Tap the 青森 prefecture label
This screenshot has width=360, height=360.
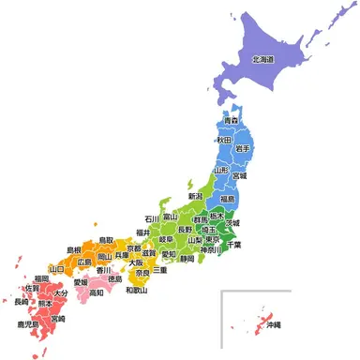click(231, 122)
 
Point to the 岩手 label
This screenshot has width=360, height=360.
click(243, 148)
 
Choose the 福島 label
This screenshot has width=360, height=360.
click(228, 199)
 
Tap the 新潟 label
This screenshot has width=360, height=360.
click(196, 197)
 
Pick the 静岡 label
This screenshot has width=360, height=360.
click(187, 259)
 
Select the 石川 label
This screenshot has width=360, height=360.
click(152, 219)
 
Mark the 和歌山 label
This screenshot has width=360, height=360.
click(138, 291)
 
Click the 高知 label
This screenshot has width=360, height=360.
click(97, 292)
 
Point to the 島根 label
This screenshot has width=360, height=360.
click(73, 250)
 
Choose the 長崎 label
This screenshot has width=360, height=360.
click(21, 301)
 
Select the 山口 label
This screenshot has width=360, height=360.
click(56, 268)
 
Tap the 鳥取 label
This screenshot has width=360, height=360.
click(106, 240)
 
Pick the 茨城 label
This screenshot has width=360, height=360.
click(231, 223)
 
